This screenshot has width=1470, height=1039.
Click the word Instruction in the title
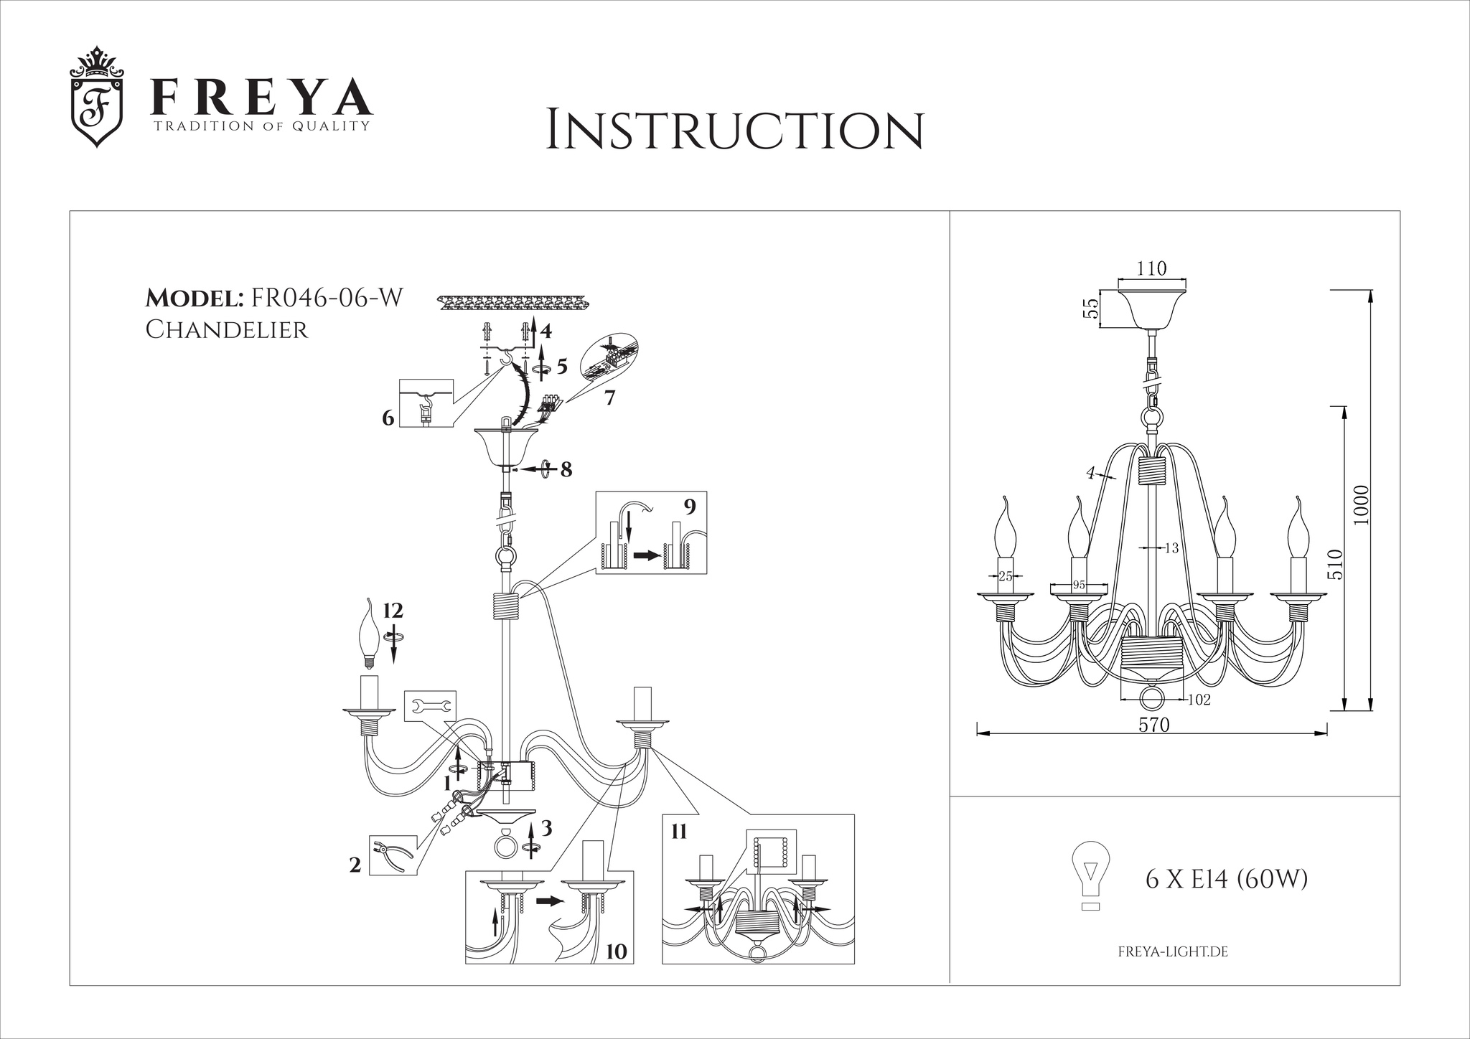click(x=734, y=130)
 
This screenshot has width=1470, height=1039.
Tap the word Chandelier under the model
click(x=227, y=329)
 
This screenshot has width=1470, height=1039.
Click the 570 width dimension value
click(x=1154, y=725)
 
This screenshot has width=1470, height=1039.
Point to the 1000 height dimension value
click(x=1362, y=505)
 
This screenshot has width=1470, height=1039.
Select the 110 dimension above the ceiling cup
click(x=1152, y=268)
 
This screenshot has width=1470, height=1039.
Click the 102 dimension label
click(x=1199, y=700)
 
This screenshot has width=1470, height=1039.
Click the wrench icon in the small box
click(x=430, y=705)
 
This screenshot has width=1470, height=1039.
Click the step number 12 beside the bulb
click(x=393, y=611)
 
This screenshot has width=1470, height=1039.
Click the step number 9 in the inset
click(x=690, y=507)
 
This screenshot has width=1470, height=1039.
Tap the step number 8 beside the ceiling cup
click(x=566, y=469)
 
